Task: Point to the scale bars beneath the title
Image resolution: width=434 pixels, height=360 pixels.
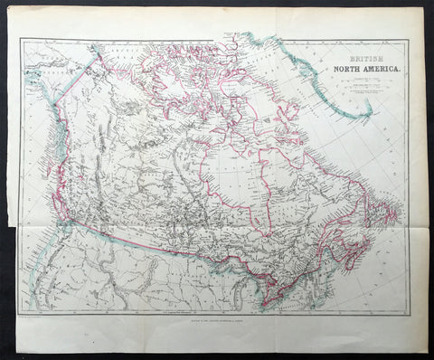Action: [357, 89]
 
